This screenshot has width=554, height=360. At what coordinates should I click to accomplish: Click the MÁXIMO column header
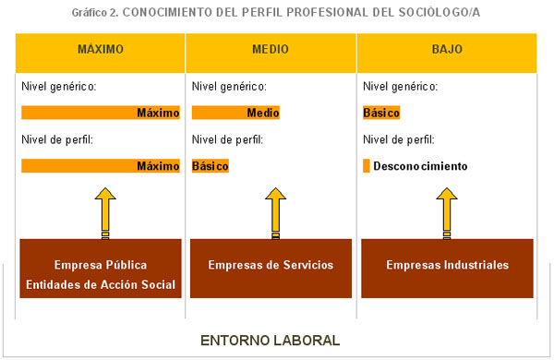[x=101, y=49]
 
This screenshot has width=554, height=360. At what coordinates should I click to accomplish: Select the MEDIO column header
[x=271, y=49]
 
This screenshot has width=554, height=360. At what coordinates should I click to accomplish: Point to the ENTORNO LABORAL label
[x=271, y=340]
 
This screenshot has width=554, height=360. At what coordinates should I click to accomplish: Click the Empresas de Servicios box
[x=271, y=266]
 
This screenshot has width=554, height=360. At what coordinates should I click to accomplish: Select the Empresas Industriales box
[x=447, y=266]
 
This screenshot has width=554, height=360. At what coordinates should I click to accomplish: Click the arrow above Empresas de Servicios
[x=274, y=211]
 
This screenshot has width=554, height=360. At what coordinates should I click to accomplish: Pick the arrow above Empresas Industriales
[x=446, y=211]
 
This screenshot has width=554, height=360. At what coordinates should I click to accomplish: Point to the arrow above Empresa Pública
[x=104, y=211]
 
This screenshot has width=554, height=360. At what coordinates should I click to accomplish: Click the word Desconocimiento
[x=420, y=166]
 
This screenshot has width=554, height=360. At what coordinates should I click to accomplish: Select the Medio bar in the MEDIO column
[x=235, y=113]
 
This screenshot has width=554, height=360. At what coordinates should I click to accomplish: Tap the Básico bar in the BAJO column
[x=381, y=113]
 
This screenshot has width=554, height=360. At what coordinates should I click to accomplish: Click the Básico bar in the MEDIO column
[x=211, y=166]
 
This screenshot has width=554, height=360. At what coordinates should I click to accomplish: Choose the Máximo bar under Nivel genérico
[x=101, y=113]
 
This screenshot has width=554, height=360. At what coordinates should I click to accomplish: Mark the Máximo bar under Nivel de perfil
[x=101, y=166]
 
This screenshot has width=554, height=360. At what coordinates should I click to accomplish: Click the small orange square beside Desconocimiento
[x=367, y=166]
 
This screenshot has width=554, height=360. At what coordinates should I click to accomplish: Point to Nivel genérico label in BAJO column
[x=401, y=87]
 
